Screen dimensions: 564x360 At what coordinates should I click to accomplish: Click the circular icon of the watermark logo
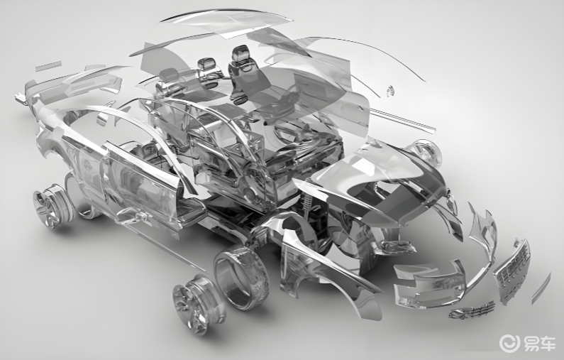[x=509, y=343]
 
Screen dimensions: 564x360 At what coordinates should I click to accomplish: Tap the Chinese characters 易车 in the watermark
[x=539, y=344]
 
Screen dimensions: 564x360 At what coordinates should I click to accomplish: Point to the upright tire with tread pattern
[x=241, y=277]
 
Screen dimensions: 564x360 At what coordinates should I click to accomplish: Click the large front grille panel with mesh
[x=512, y=269]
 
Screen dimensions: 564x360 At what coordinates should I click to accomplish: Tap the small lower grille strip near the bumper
[x=471, y=310]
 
